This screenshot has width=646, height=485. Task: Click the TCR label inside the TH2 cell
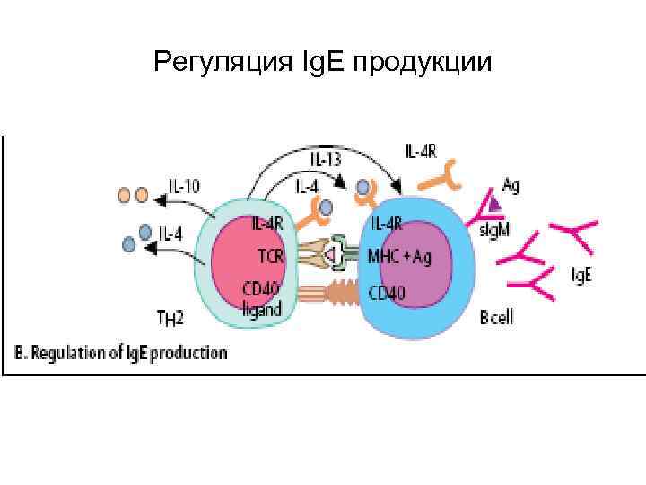(x=270, y=256)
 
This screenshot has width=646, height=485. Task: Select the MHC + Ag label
(x=400, y=256)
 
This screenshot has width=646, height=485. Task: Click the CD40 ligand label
(x=262, y=298)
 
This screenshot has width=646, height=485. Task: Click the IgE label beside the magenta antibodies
(x=581, y=274)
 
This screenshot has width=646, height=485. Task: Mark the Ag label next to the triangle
(x=511, y=186)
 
